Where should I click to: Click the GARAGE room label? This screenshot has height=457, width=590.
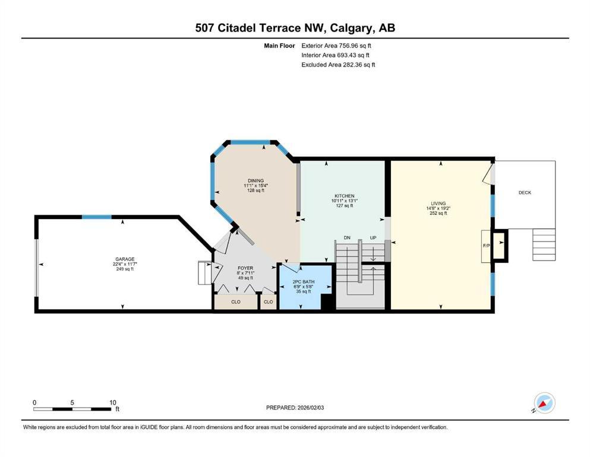125,259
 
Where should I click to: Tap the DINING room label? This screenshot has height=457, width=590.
256,181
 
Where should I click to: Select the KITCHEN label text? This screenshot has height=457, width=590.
344,196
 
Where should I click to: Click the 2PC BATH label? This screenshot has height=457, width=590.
304,281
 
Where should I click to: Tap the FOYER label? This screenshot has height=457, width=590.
245,268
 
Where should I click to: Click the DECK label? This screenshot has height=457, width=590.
525,193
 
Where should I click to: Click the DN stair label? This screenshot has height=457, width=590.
347,238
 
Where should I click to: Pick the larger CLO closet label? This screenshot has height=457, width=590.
235,302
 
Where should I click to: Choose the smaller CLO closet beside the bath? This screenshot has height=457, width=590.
268,302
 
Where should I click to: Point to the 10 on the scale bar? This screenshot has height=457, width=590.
112,402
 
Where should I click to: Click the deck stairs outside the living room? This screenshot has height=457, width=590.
544,242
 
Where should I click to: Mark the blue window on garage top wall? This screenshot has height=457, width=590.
96,217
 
